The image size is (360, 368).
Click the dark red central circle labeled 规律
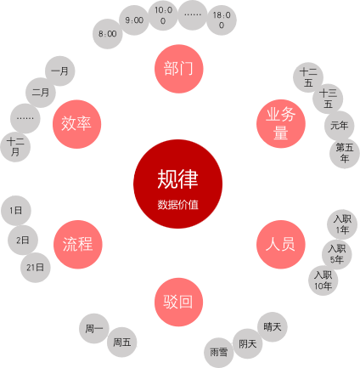point(177,184)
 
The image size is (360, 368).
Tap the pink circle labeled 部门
point(178,69)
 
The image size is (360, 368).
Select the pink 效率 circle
point(76,124)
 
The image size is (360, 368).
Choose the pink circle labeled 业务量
point(281,123)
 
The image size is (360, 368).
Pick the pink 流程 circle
point(77,244)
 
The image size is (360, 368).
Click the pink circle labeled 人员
point(281,244)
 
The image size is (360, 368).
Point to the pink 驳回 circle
point(178,302)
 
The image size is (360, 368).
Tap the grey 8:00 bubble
point(108,34)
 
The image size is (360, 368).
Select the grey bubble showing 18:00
point(222,20)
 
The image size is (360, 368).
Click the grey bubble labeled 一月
point(60,71)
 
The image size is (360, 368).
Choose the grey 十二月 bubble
point(15,147)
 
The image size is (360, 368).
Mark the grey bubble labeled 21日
point(36,268)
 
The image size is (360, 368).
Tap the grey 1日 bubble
point(16,211)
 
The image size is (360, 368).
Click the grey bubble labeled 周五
point(122,343)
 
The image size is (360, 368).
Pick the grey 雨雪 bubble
point(219,353)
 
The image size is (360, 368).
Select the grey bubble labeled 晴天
point(273,327)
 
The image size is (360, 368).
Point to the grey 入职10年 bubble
point(323,280)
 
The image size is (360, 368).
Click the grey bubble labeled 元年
point(339,126)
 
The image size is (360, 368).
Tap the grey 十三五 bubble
point(328,99)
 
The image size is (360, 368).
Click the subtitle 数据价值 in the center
point(178,205)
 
